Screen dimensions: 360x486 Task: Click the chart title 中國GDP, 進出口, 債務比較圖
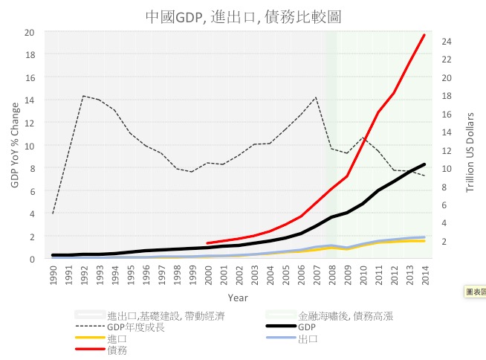click(x=243, y=16)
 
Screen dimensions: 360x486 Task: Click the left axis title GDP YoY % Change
click(x=15, y=146)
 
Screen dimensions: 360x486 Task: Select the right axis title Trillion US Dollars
click(x=470, y=152)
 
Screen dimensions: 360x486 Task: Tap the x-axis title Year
click(x=238, y=298)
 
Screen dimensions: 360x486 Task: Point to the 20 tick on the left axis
click(x=29, y=32)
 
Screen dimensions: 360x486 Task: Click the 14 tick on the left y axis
click(x=29, y=100)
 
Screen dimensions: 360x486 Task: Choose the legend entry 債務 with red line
click(x=117, y=350)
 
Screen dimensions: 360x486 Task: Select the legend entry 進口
click(x=117, y=338)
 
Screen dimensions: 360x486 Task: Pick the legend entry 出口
click(x=307, y=338)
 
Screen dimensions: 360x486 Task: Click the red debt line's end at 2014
click(x=424, y=35)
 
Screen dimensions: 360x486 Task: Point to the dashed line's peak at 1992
click(x=83, y=96)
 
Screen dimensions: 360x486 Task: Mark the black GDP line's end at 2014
click(x=424, y=164)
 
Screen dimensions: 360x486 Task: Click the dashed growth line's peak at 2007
click(x=317, y=97)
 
